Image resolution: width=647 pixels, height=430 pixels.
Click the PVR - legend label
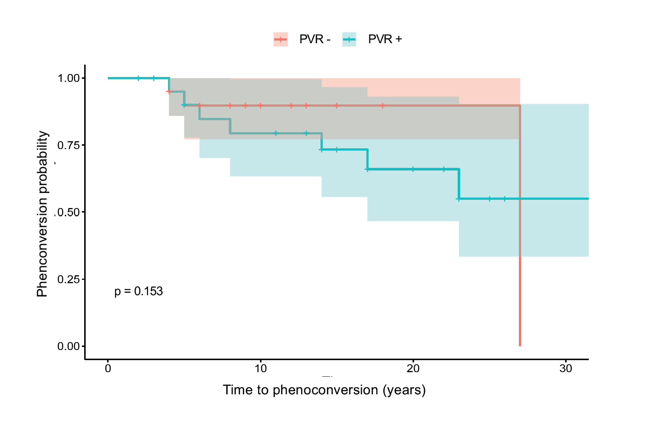pyautogui.click(x=314, y=39)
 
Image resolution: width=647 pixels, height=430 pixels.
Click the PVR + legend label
pyautogui.click(x=385, y=39)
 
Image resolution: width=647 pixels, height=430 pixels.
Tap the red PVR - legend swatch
pyautogui.click(x=281, y=39)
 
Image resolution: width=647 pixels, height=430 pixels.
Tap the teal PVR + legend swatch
pyautogui.click(x=349, y=39)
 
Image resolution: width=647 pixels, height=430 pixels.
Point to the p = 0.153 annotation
pyautogui.click(x=139, y=291)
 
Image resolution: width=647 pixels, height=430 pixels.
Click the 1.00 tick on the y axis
pyautogui.click(x=68, y=78)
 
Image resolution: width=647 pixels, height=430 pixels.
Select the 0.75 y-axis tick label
pyautogui.click(x=68, y=145)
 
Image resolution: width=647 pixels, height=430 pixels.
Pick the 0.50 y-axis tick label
pyautogui.click(x=68, y=212)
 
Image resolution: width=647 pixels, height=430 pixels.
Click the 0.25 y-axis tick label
pyautogui.click(x=68, y=279)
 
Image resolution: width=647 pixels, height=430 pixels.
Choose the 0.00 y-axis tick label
pyautogui.click(x=68, y=346)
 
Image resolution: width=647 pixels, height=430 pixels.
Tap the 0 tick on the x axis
pyautogui.click(x=108, y=369)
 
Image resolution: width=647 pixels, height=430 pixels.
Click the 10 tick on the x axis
pyautogui.click(x=260, y=369)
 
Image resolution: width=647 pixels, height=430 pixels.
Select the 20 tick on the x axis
pyautogui.click(x=413, y=369)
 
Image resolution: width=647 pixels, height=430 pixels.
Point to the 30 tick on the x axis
pyautogui.click(x=565, y=369)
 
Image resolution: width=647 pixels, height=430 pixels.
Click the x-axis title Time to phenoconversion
pyautogui.click(x=324, y=390)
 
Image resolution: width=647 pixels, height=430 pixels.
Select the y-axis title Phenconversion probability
pyautogui.click(x=42, y=214)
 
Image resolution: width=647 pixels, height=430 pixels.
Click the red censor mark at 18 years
pyautogui.click(x=382, y=106)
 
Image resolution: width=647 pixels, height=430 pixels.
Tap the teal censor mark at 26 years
pyautogui.click(x=505, y=199)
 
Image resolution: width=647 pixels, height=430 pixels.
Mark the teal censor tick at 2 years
pyautogui.click(x=138, y=78)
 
